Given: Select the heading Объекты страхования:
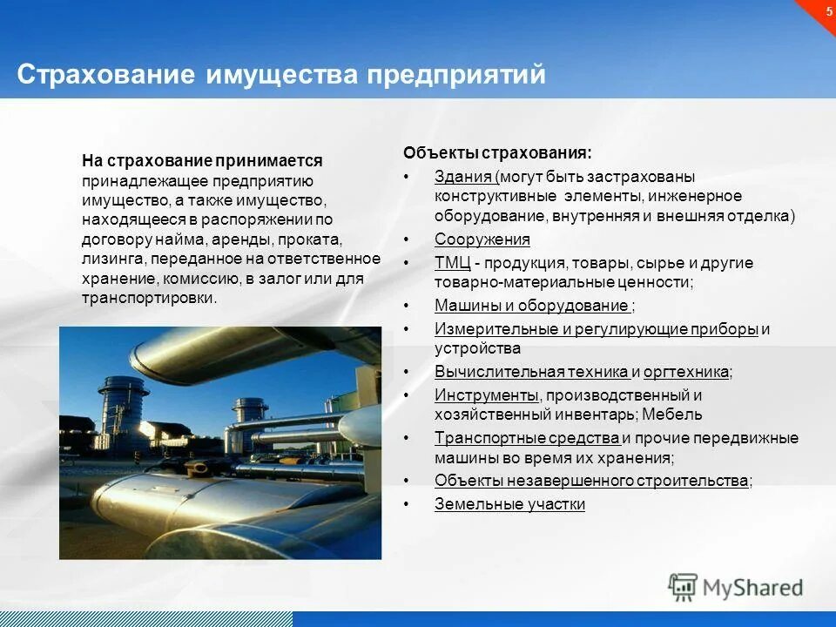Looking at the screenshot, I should [x=496, y=152].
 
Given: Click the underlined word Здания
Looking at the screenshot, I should [x=463, y=176].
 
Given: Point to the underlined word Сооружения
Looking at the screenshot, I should [x=482, y=239].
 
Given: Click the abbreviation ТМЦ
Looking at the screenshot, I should [x=452, y=263].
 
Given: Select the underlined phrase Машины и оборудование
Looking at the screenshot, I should [x=531, y=306].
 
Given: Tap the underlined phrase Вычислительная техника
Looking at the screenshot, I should [x=531, y=373].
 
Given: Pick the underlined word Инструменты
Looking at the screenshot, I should [x=485, y=395].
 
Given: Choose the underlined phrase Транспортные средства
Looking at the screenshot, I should [x=526, y=438].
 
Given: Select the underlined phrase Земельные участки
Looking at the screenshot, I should [x=509, y=504].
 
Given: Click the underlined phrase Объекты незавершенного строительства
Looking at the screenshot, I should [x=591, y=481].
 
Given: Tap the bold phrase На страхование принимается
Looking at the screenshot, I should [x=202, y=161].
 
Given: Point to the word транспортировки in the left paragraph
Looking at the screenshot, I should [x=147, y=298].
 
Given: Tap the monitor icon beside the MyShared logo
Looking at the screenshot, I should [x=684, y=587].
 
